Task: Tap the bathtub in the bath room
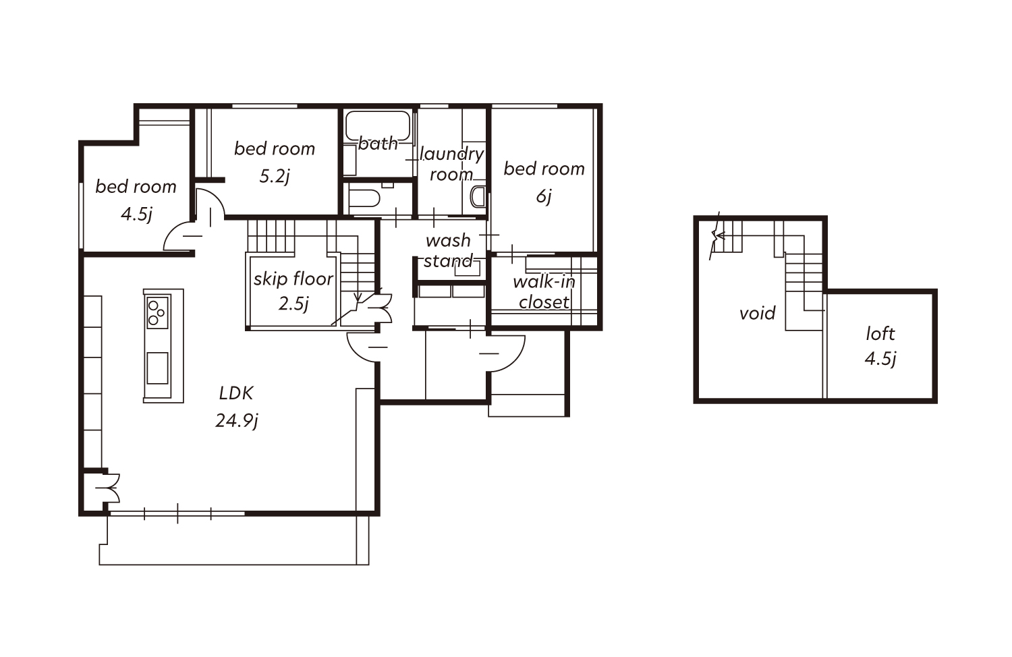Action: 378,125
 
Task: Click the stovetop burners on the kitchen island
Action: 157,312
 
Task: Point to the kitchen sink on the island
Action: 158,368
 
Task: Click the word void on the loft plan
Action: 758,313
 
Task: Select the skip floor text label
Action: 293,279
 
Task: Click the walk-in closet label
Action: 544,292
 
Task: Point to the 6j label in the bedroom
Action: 544,196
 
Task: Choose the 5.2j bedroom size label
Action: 274,176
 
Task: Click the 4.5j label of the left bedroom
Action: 136,214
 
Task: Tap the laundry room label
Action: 452,164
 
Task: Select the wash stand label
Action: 448,251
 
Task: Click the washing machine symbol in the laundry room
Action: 478,196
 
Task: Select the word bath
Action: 378,144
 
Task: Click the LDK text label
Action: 236,393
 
